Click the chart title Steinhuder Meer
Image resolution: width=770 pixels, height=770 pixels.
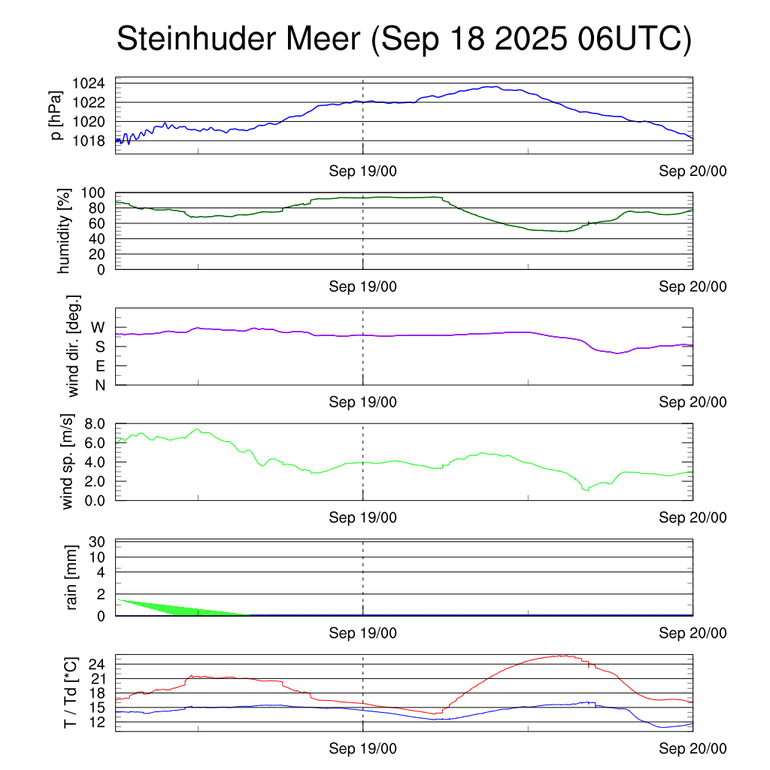pyautogui.click(x=403, y=39)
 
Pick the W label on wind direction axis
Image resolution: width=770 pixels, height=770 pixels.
pyautogui.click(x=98, y=327)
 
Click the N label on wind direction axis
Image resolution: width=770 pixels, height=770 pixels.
pyautogui.click(x=99, y=385)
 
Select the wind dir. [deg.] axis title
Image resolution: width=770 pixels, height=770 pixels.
pyautogui.click(x=73, y=346)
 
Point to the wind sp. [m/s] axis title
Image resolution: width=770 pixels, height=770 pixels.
pyautogui.click(x=68, y=461)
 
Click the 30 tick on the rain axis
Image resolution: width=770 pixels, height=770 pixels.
pyautogui.click(x=99, y=541)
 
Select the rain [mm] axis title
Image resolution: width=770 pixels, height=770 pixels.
pyautogui.click(x=72, y=577)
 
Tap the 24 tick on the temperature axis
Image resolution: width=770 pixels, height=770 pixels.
pyautogui.click(x=99, y=664)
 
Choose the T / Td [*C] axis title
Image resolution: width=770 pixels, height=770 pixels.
pyautogui.click(x=70, y=693)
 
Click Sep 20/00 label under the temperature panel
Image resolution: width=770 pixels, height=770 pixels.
pyautogui.click(x=693, y=748)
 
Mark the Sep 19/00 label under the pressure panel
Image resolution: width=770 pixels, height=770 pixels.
pyautogui.click(x=362, y=171)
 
